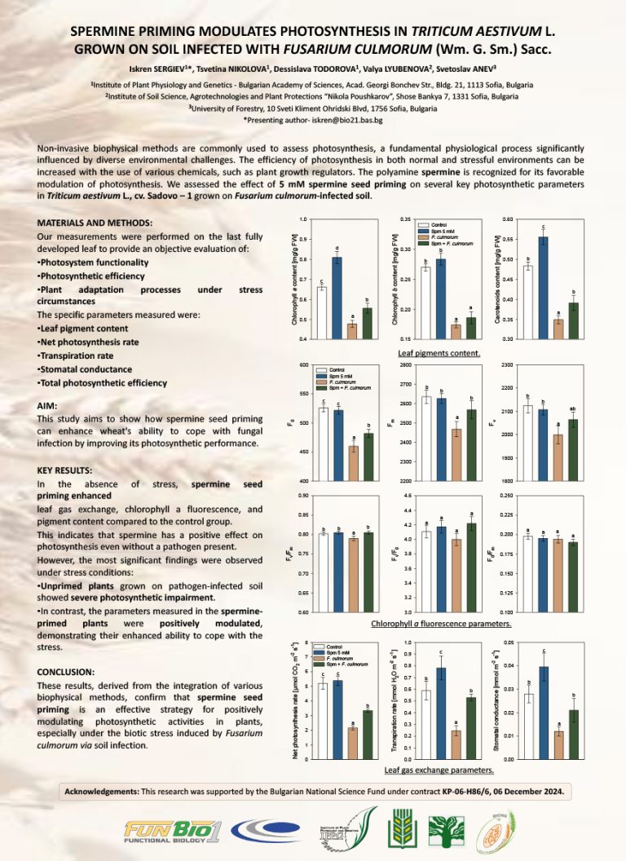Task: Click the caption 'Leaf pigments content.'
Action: (439, 353)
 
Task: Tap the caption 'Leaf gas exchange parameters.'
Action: (439, 770)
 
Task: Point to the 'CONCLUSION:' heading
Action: (67, 672)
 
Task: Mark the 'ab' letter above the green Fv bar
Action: (573, 408)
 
